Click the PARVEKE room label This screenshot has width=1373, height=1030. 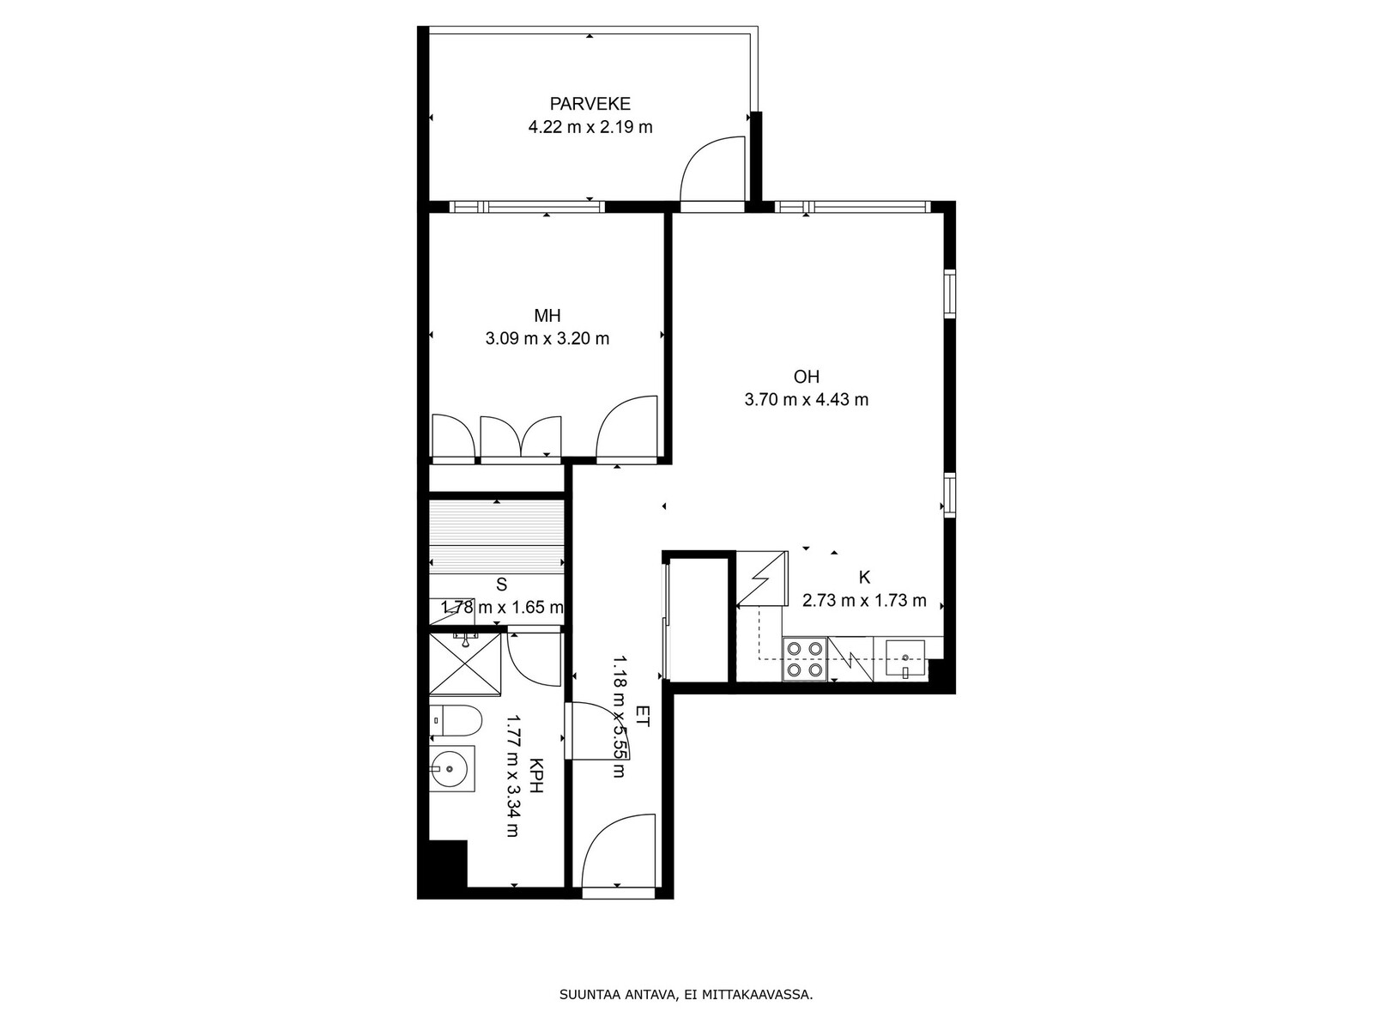click(x=590, y=103)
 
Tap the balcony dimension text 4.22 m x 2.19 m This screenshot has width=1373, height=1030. click(x=590, y=128)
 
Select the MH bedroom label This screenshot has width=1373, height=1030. click(x=547, y=315)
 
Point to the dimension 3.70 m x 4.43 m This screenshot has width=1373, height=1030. click(x=807, y=399)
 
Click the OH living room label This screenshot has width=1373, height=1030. click(x=807, y=377)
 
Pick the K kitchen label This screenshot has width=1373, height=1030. click(x=864, y=577)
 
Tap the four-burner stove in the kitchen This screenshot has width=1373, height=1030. click(x=804, y=658)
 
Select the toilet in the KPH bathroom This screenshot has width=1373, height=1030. click(x=456, y=721)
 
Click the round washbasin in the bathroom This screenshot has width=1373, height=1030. click(x=449, y=768)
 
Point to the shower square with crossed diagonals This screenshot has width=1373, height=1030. click(x=465, y=664)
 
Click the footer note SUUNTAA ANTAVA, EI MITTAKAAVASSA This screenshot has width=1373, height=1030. click(x=686, y=994)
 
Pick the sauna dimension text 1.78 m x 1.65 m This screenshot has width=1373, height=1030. click(x=502, y=607)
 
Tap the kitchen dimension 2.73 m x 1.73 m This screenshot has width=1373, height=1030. click(x=864, y=600)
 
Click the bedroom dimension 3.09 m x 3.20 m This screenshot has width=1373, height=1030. click(x=547, y=338)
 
